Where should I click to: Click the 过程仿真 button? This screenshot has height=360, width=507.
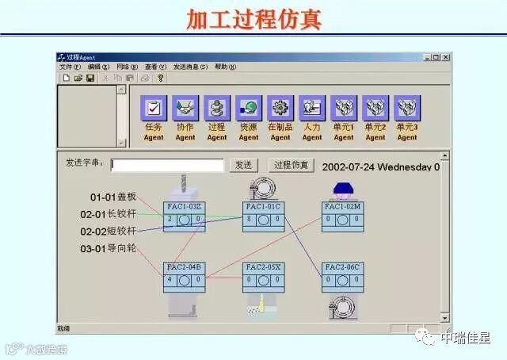[x=290, y=165]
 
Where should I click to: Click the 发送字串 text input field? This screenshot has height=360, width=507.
[x=167, y=165]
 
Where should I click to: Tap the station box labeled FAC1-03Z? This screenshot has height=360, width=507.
[x=185, y=207]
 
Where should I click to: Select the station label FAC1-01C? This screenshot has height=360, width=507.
[x=263, y=207]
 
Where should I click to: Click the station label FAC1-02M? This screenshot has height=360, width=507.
[x=342, y=207]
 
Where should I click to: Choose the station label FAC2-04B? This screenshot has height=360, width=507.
[x=185, y=268]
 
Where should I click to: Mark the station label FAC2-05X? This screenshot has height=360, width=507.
[x=263, y=268]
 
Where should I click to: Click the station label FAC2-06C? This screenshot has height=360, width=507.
[x=342, y=268]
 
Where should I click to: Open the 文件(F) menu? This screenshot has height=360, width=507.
[x=70, y=67]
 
